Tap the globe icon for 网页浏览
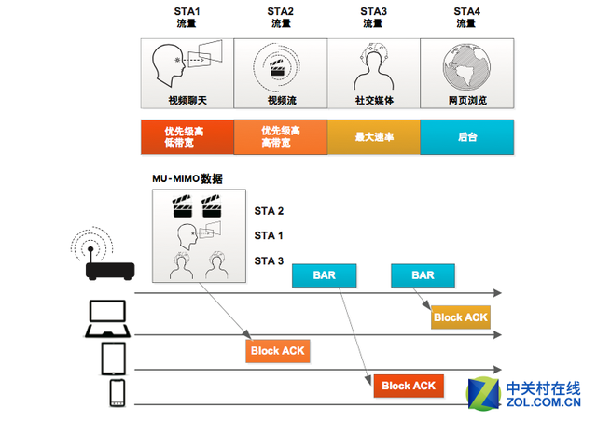(x=466, y=66)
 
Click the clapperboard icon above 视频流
(x=280, y=65)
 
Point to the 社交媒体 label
(x=373, y=100)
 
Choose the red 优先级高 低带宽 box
(x=187, y=136)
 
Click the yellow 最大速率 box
(x=373, y=136)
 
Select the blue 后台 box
(x=466, y=136)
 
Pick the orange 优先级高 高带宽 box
(x=280, y=136)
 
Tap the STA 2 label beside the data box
(x=270, y=211)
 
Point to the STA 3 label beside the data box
(x=270, y=260)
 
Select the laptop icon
(x=110, y=318)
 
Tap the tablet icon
(x=113, y=358)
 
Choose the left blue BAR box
(x=326, y=275)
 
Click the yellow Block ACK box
(x=461, y=317)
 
